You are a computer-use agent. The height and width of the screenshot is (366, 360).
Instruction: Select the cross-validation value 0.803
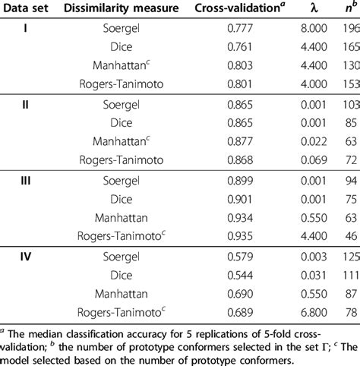[232, 65]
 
